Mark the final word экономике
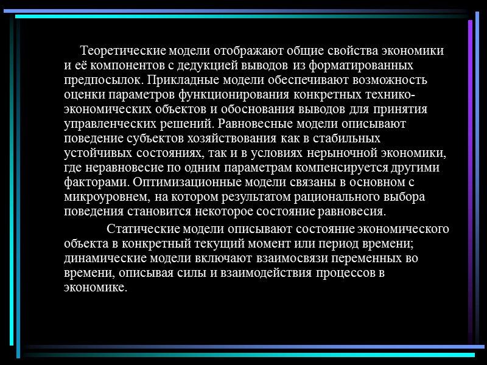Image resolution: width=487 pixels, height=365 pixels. click(x=96, y=288)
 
